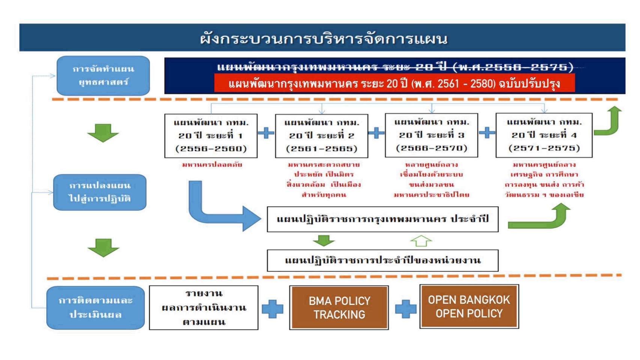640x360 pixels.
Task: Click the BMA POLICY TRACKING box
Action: [x=339, y=307]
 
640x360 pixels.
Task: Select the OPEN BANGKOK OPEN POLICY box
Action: [x=469, y=306]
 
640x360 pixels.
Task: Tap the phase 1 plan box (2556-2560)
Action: [x=211, y=136]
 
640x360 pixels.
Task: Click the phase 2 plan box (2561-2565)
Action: [x=321, y=136]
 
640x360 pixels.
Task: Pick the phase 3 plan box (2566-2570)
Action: [x=431, y=135]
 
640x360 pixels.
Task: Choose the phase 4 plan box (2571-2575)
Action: [x=544, y=135]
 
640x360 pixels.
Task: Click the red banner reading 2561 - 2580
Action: [x=394, y=83]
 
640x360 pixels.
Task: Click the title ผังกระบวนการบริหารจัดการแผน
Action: [x=324, y=38]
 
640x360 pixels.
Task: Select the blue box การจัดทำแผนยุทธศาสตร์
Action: [x=103, y=75]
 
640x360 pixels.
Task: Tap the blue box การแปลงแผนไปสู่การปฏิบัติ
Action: [x=100, y=192]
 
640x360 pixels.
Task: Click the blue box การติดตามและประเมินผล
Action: [x=96, y=308]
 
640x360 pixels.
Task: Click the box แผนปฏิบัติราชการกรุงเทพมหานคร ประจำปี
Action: [x=382, y=219]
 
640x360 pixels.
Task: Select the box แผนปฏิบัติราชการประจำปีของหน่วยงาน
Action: [x=382, y=261]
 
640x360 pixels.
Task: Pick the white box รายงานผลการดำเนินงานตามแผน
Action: [x=203, y=307]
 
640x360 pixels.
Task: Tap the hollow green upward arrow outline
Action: [x=421, y=241]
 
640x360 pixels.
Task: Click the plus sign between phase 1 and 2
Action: [x=266, y=133]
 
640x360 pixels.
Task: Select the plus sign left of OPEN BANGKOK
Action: [x=406, y=309]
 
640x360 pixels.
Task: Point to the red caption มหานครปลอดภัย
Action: [x=212, y=165]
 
